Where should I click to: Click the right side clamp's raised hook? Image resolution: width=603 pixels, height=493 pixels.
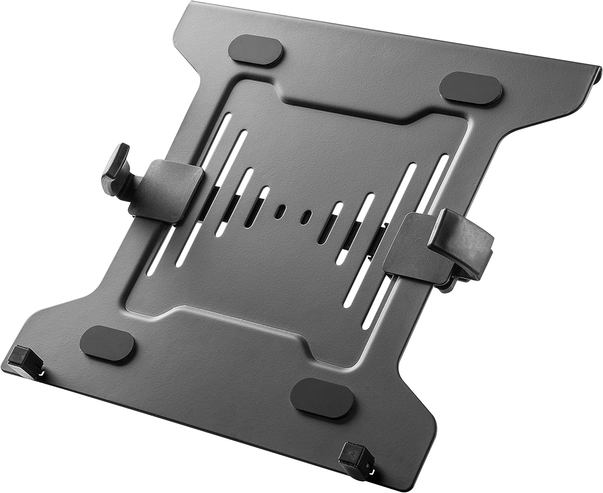click(462, 237)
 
